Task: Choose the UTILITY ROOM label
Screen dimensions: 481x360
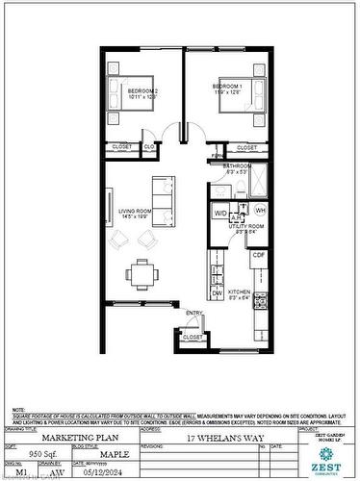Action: (x=241, y=229)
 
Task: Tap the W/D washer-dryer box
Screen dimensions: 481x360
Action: (x=220, y=212)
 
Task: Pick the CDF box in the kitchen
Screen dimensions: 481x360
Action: (x=259, y=255)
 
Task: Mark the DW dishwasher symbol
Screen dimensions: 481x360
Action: (x=219, y=293)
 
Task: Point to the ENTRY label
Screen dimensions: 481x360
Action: (x=194, y=314)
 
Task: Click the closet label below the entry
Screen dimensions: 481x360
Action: (x=193, y=337)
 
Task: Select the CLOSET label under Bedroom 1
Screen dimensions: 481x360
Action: (x=247, y=147)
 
